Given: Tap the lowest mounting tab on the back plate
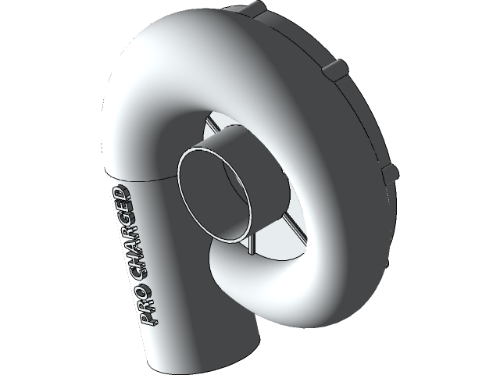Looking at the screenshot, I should [x=390, y=173].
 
